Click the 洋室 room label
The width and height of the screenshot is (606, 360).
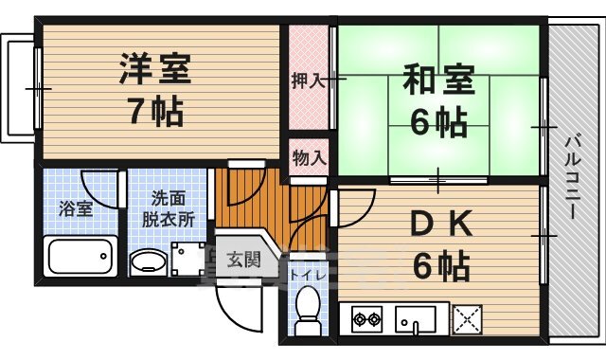(x=155, y=70)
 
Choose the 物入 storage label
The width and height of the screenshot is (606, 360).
(x=309, y=157)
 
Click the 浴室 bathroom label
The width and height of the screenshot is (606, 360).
(x=78, y=208)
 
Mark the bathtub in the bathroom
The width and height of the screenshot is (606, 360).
(x=80, y=257)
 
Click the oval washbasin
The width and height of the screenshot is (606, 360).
(x=147, y=262)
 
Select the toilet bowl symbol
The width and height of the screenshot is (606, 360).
(x=308, y=310)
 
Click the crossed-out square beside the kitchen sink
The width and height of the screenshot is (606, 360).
(x=467, y=319)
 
